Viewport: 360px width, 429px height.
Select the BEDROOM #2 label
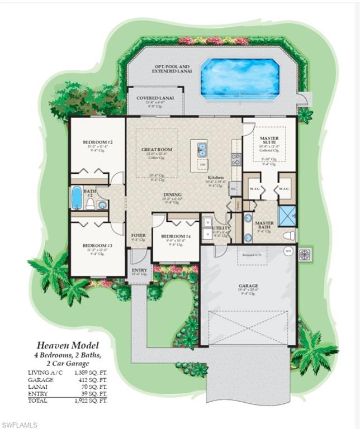click(x=98, y=142)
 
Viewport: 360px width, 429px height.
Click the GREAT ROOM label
click(x=157, y=150)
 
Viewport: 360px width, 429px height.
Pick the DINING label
click(x=173, y=195)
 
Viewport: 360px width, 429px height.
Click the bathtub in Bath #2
click(x=77, y=197)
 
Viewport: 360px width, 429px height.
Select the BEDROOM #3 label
click(x=98, y=245)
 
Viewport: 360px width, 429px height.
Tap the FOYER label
click(x=138, y=236)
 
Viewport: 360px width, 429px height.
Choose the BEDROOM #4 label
click(x=176, y=236)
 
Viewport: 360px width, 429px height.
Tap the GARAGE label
click(x=248, y=285)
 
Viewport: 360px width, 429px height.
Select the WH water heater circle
click(x=288, y=251)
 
